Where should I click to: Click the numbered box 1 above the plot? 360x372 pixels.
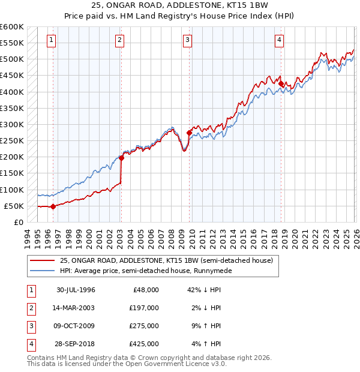click(x=52, y=40)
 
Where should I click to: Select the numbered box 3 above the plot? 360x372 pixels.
click(x=188, y=40)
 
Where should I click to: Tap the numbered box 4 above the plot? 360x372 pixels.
click(x=280, y=40)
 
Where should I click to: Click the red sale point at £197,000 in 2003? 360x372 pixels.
click(x=121, y=158)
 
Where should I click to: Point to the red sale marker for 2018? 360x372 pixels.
click(x=281, y=83)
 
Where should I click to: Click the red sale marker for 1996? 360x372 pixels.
click(x=53, y=206)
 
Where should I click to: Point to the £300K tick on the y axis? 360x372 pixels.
click(x=12, y=124)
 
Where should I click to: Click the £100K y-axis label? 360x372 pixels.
click(x=12, y=190)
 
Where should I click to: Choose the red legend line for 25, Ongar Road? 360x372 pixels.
click(x=43, y=260)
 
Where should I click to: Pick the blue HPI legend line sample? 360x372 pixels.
click(x=43, y=271)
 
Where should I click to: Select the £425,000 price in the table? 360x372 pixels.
click(x=145, y=344)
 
